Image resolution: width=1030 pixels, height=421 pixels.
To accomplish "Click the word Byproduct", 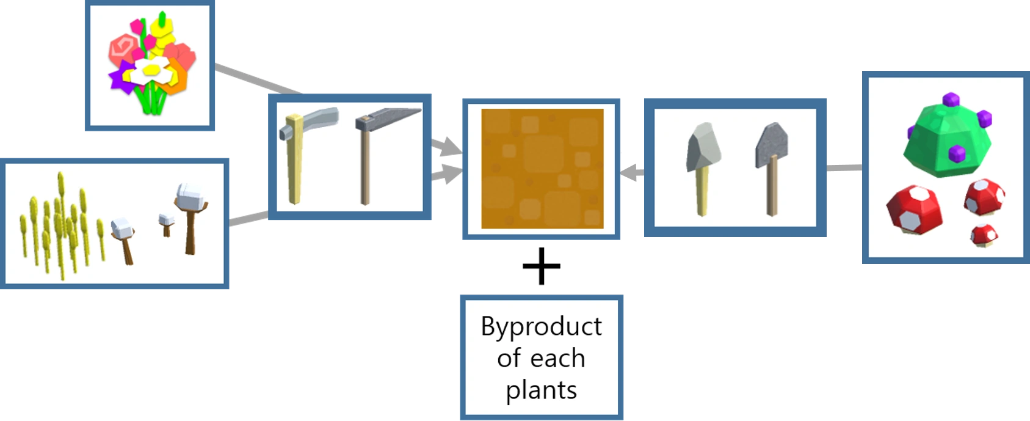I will pyautogui.click(x=541, y=327).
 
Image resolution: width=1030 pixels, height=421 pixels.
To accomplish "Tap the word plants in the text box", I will pyautogui.click(x=541, y=390).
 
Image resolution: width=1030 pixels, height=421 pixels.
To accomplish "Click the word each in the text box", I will pyautogui.click(x=557, y=358).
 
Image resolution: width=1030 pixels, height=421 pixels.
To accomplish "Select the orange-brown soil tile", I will pyautogui.click(x=542, y=169).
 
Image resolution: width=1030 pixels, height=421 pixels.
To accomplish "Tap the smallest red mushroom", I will pyautogui.click(x=984, y=234).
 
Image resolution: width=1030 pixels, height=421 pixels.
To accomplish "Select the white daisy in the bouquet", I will pyautogui.click(x=148, y=71).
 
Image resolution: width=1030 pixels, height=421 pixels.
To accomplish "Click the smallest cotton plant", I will pyautogui.click(x=165, y=223).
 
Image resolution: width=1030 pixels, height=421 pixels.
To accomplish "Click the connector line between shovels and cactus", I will pyautogui.click(x=844, y=166).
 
